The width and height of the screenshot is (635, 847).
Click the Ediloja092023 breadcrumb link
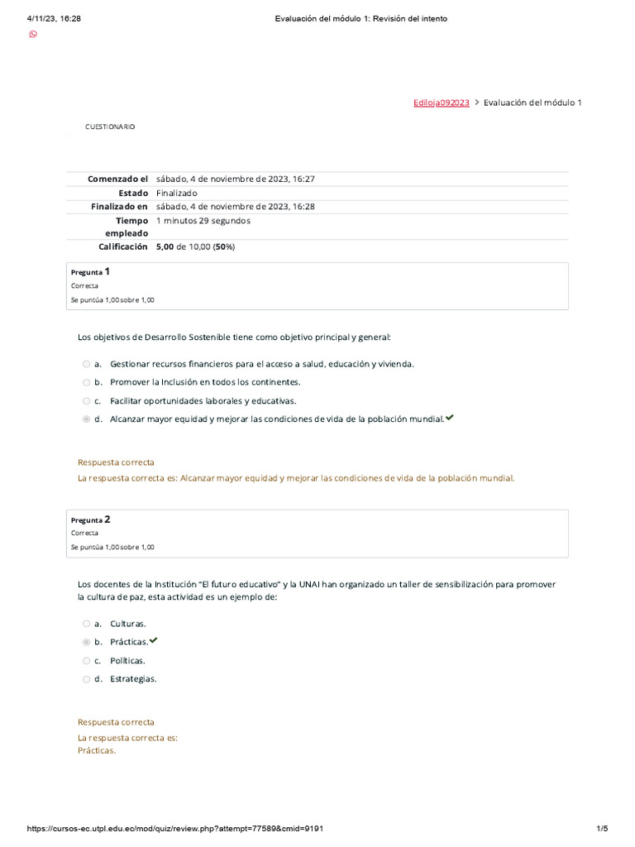[441, 103]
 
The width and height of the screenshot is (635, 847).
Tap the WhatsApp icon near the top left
[33, 34]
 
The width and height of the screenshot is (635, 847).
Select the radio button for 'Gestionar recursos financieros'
[86, 364]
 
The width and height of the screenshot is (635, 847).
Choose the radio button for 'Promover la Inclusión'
[86, 382]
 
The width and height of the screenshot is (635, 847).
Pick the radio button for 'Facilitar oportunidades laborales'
[86, 400]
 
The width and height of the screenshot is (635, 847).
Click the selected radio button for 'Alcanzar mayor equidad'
[86, 419]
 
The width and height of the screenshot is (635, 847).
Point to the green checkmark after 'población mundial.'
[449, 418]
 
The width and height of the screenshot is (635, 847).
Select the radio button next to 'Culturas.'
[86, 624]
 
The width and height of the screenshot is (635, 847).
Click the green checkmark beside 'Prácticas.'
[153, 641]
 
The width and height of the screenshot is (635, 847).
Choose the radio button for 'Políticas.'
[86, 661]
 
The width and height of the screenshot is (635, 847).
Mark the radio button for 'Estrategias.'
[86, 679]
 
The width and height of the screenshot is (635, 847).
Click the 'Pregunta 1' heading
[90, 271]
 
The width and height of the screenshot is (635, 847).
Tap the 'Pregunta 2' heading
[90, 519]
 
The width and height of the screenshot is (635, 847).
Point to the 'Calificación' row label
[123, 246]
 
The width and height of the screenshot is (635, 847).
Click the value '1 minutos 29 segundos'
[203, 221]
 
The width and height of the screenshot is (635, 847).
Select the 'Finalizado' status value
[176, 193]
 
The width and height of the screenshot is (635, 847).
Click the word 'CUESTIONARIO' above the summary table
[110, 127]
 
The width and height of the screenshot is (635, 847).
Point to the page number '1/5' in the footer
[602, 829]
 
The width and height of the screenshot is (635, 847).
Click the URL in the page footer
[181, 829]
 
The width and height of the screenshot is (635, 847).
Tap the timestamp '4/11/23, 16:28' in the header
[54, 18]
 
